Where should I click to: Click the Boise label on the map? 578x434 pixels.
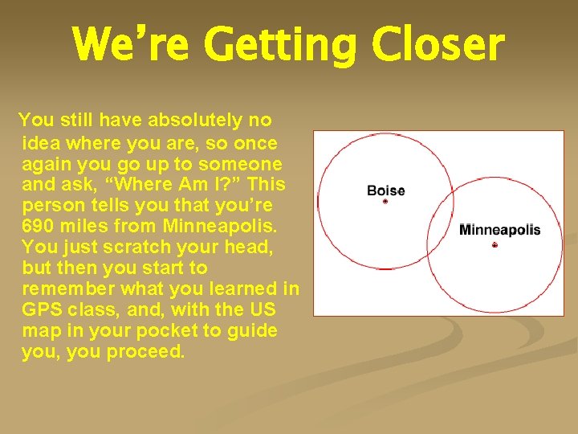pos(385,190)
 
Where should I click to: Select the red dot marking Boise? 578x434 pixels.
pos(385,202)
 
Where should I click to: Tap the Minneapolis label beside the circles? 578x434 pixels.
pos(499,230)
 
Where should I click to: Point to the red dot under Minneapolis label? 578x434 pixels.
pos(495,244)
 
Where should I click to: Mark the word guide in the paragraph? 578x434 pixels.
pos(253,330)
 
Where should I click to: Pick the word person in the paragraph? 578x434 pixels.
pos(51,205)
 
